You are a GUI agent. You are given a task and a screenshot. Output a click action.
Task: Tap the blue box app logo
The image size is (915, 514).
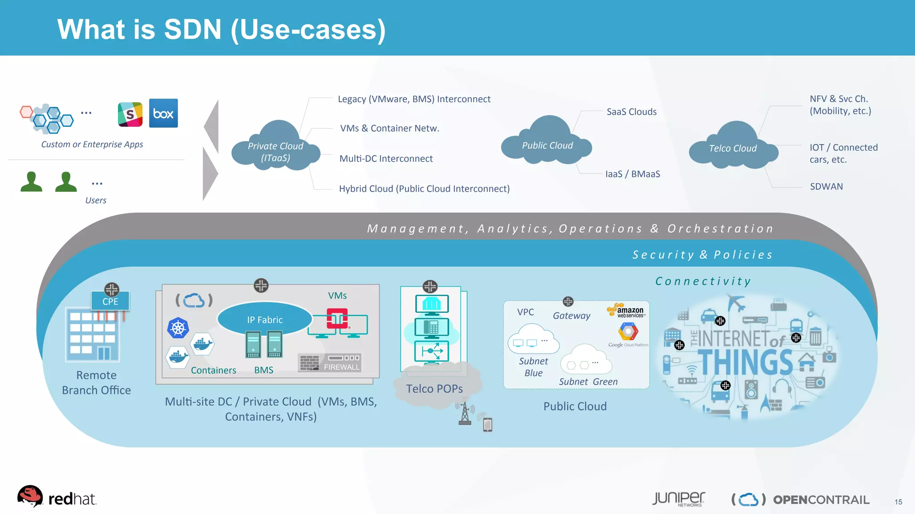tap(163, 113)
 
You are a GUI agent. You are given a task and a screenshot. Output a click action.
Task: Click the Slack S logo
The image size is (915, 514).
tap(130, 114)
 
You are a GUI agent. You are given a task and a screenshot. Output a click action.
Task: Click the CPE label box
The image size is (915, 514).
tap(110, 301)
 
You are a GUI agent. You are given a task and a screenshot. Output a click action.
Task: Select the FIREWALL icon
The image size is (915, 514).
tap(330, 362)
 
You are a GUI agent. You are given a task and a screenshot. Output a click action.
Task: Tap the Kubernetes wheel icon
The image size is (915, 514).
tap(178, 328)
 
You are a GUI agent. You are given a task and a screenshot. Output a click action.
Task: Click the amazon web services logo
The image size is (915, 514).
tap(625, 311)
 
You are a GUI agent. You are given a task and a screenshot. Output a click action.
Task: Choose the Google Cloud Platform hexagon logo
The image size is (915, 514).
tap(628, 332)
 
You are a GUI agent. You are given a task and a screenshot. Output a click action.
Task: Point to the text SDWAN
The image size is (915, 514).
tap(826, 187)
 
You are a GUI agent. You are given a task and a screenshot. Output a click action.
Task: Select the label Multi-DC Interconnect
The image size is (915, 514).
tap(386, 159)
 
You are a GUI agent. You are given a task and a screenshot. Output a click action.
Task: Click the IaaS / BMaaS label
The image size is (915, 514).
tap(633, 174)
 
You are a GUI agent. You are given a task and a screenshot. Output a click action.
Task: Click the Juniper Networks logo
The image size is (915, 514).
tap(678, 499)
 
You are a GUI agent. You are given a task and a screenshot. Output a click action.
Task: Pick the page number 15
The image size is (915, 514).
tap(898, 502)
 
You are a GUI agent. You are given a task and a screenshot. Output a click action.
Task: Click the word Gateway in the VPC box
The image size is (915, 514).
tap(571, 316)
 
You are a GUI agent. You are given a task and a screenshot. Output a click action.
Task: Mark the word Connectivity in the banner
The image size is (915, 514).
tap(703, 281)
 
